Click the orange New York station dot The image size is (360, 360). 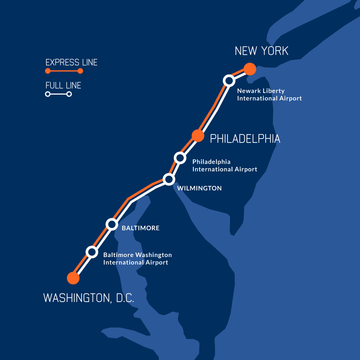(x=249, y=68)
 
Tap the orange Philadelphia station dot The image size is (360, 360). (x=198, y=135)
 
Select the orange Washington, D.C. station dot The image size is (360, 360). (x=73, y=278)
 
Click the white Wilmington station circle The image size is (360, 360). (x=168, y=179)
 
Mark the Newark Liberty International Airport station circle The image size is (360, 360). (x=229, y=81)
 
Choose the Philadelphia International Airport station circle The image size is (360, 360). (x=180, y=158)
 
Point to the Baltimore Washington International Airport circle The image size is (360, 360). (x=92, y=252)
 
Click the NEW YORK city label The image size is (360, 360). (x=261, y=51)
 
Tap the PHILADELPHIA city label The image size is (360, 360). (x=245, y=139)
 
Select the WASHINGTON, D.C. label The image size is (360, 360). (x=89, y=298)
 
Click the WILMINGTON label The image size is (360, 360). (x=199, y=188)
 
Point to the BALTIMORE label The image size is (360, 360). (x=140, y=228)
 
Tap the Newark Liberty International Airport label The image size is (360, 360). (x=269, y=95)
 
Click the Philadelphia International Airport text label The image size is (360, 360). (x=225, y=166)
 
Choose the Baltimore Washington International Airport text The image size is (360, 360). (x=138, y=258)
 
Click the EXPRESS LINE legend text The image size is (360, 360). (x=71, y=62)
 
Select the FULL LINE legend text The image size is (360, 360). (x=63, y=85)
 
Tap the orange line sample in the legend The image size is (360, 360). (x=64, y=71)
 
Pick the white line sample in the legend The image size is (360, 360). (x=58, y=94)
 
